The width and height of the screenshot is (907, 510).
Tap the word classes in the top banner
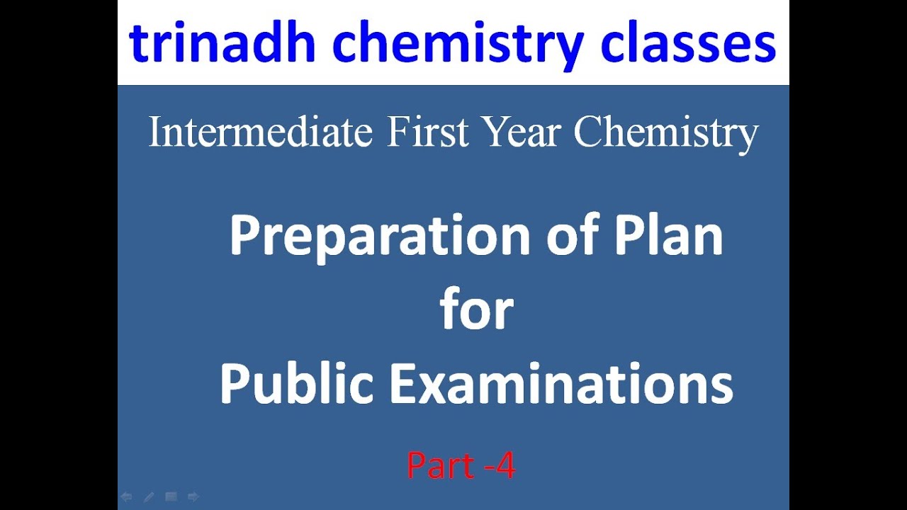point(687,44)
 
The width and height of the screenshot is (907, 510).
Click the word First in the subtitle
point(428,132)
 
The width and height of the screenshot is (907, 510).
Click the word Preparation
point(380,238)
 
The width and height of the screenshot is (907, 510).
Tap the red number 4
point(505,466)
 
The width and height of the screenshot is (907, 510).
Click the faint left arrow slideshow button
point(127,497)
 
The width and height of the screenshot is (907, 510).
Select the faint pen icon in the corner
point(149,497)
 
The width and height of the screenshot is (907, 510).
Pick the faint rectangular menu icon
point(171,497)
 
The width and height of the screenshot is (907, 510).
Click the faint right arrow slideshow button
point(193,497)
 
